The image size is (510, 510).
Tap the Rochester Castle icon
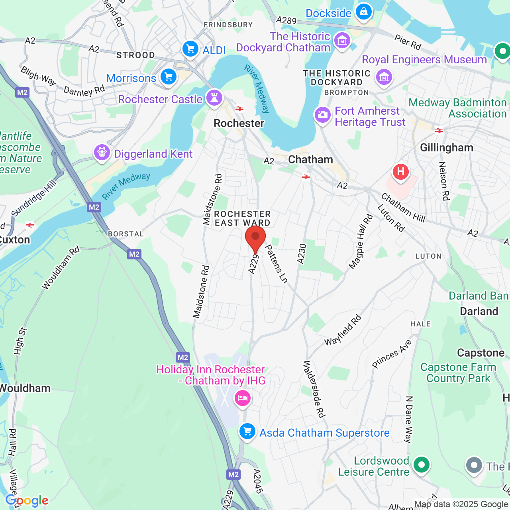[x=214, y=98]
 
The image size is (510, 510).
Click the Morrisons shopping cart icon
[x=169, y=76]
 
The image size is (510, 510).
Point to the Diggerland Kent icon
[x=102, y=153]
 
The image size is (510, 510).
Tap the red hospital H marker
[x=400, y=172]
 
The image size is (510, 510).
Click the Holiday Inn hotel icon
[x=242, y=398]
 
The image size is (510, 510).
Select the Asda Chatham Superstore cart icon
[x=247, y=432]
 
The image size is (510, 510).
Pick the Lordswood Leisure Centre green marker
[x=421, y=465]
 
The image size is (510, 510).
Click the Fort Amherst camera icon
[x=322, y=115]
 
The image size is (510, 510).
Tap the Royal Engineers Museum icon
[x=384, y=76]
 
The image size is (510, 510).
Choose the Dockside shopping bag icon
[x=364, y=12]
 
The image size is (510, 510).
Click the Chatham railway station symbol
[x=306, y=177]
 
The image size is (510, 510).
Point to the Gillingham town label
[x=447, y=148]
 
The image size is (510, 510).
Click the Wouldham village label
[x=25, y=388]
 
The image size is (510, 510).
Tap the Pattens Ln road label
[x=276, y=264]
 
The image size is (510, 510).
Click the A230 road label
[x=302, y=253]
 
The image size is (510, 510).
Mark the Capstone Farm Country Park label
[x=458, y=373]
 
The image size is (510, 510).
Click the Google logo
[x=27, y=500]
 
